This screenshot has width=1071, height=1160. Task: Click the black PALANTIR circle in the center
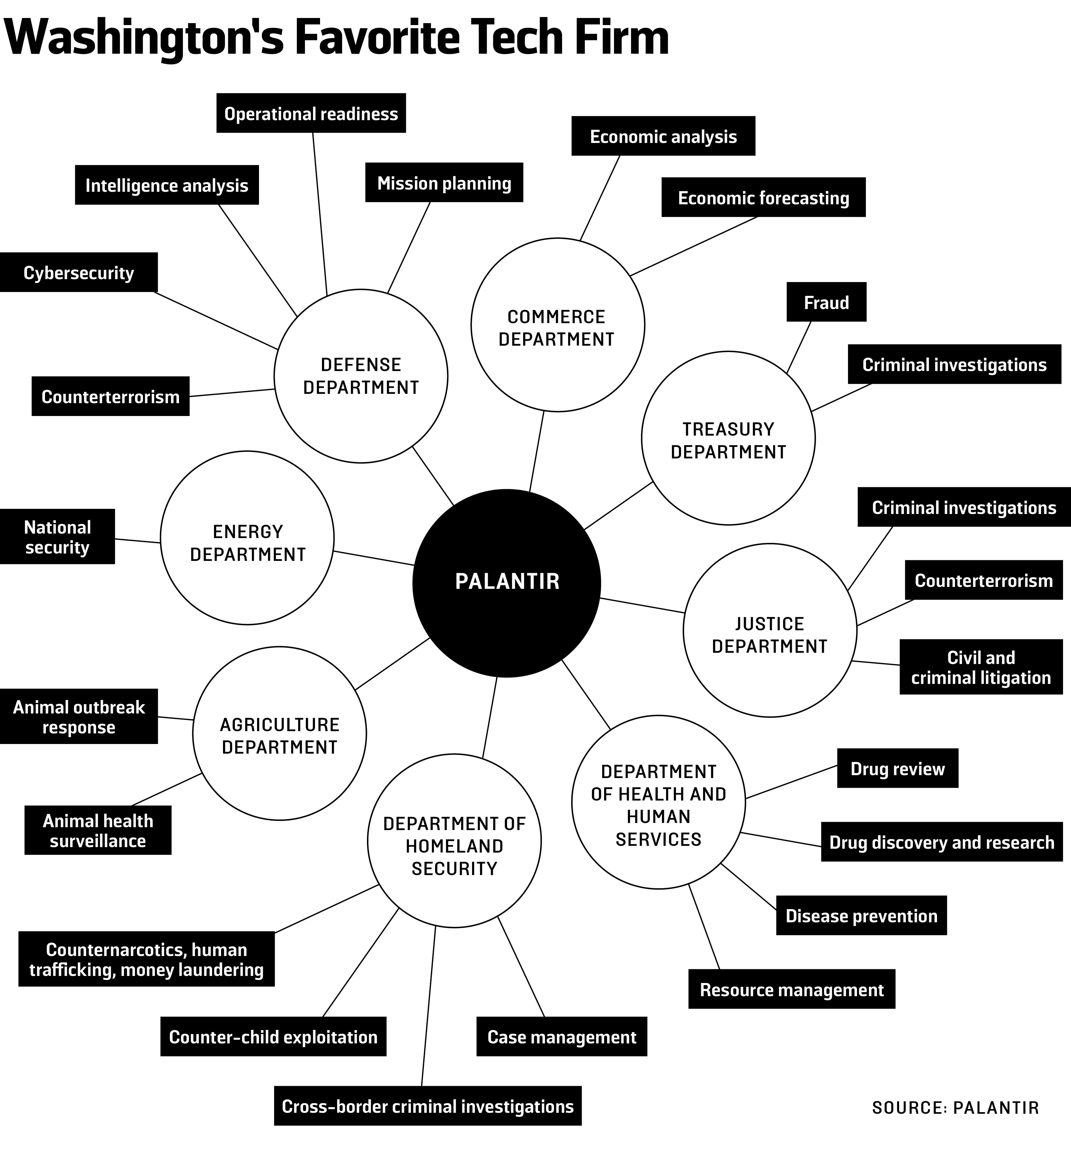(506, 582)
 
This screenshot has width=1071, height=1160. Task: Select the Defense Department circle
(361, 376)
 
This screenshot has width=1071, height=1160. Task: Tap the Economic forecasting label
(763, 198)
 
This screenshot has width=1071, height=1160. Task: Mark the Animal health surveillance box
(98, 830)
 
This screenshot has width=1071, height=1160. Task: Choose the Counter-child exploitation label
(273, 1037)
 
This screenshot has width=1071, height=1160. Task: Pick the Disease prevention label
(861, 916)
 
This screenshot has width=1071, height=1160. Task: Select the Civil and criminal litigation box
(981, 667)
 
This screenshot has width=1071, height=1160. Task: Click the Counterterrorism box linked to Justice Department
(984, 580)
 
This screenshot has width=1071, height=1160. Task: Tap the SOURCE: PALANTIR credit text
(955, 1107)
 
